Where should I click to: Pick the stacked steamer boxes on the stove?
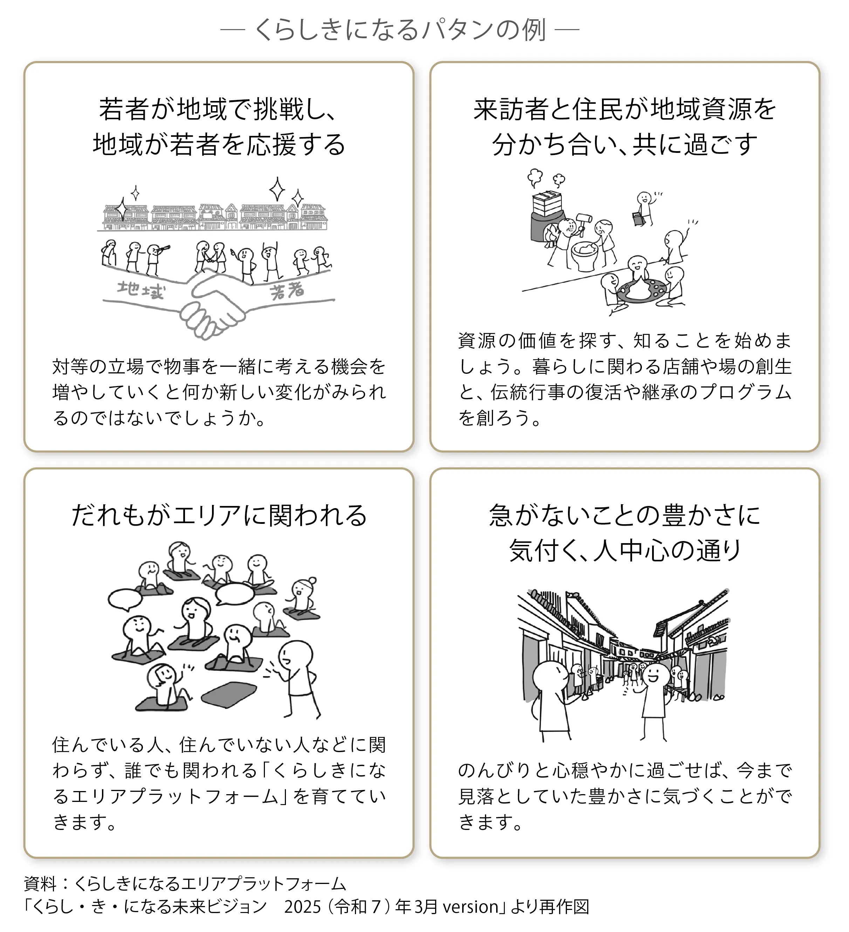pyautogui.click(x=547, y=203)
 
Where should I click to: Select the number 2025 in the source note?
pyautogui.click(x=302, y=907)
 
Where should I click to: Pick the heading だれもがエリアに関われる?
pyautogui.click(x=219, y=515)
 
